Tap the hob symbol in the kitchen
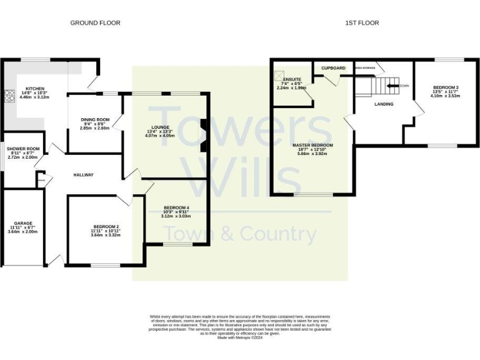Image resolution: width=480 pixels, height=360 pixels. click(9, 96)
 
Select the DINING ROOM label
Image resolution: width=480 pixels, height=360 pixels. click(95, 119)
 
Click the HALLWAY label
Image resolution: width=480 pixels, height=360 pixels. click(82, 175)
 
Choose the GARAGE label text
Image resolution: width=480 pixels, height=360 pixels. click(22, 223)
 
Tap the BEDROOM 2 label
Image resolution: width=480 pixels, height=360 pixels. click(106, 226)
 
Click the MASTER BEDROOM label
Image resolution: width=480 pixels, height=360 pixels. click(312, 145)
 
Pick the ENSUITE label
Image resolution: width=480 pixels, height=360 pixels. click(292, 79)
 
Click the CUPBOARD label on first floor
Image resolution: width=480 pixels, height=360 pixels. click(333, 67)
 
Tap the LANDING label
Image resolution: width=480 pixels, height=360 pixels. click(384, 104)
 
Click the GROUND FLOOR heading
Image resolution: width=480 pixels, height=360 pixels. click(95, 23)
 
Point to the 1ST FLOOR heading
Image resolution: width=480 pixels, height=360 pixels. click(362, 23)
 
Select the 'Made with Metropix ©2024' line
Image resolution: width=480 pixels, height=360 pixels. click(240, 337)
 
